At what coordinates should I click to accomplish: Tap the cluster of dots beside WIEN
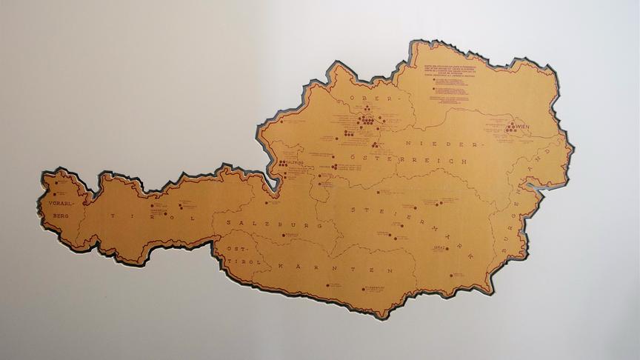510,128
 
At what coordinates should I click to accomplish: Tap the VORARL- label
60,201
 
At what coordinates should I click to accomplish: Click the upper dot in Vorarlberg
54,181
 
